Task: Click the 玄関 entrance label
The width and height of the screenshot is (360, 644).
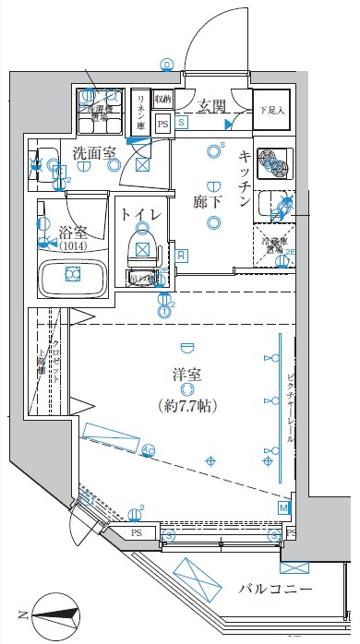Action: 211,106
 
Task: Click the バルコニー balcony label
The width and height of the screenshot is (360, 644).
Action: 274,588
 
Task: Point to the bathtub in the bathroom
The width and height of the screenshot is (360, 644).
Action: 72,275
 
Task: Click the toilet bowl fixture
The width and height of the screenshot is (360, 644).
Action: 140,246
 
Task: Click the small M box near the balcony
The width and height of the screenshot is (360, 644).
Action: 283,507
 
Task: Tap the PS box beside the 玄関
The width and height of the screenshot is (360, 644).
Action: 163,124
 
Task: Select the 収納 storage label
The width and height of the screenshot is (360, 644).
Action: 163,99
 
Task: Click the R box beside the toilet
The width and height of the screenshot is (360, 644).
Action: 182,256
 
